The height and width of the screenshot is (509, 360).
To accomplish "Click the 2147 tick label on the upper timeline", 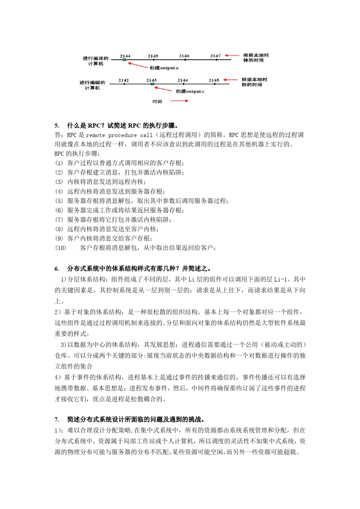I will pos(216,56).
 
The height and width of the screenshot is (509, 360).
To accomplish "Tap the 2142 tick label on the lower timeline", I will pos(124,80).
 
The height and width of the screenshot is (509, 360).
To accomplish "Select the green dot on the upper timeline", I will pos(124,60).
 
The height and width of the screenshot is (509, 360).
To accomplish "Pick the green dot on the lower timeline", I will pos(152,84).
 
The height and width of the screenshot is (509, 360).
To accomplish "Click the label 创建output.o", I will pos(164,68).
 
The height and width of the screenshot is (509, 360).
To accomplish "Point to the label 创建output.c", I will pos(190,92).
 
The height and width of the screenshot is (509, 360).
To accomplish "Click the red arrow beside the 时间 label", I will pos(179,101).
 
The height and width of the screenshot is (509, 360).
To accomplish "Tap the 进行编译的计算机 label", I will pos(95,61).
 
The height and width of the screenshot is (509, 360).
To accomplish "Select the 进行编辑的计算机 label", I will pos(92,85).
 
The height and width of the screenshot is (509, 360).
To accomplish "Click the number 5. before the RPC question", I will pos(57,126).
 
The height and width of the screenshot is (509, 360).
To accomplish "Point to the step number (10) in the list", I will pos(61,248).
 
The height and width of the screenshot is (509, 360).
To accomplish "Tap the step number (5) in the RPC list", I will pos(59,201).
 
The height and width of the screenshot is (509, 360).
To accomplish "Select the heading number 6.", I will pos(57,269).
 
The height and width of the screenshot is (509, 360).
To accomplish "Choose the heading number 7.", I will pos(57,420).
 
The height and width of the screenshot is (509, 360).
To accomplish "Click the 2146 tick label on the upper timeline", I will pos(184,56).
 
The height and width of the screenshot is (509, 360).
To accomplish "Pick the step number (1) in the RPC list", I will pos(59,163).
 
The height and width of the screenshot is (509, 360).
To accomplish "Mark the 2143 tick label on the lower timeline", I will pos(152,80).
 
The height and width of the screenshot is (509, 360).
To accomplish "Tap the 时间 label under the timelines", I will pos(157,101).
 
